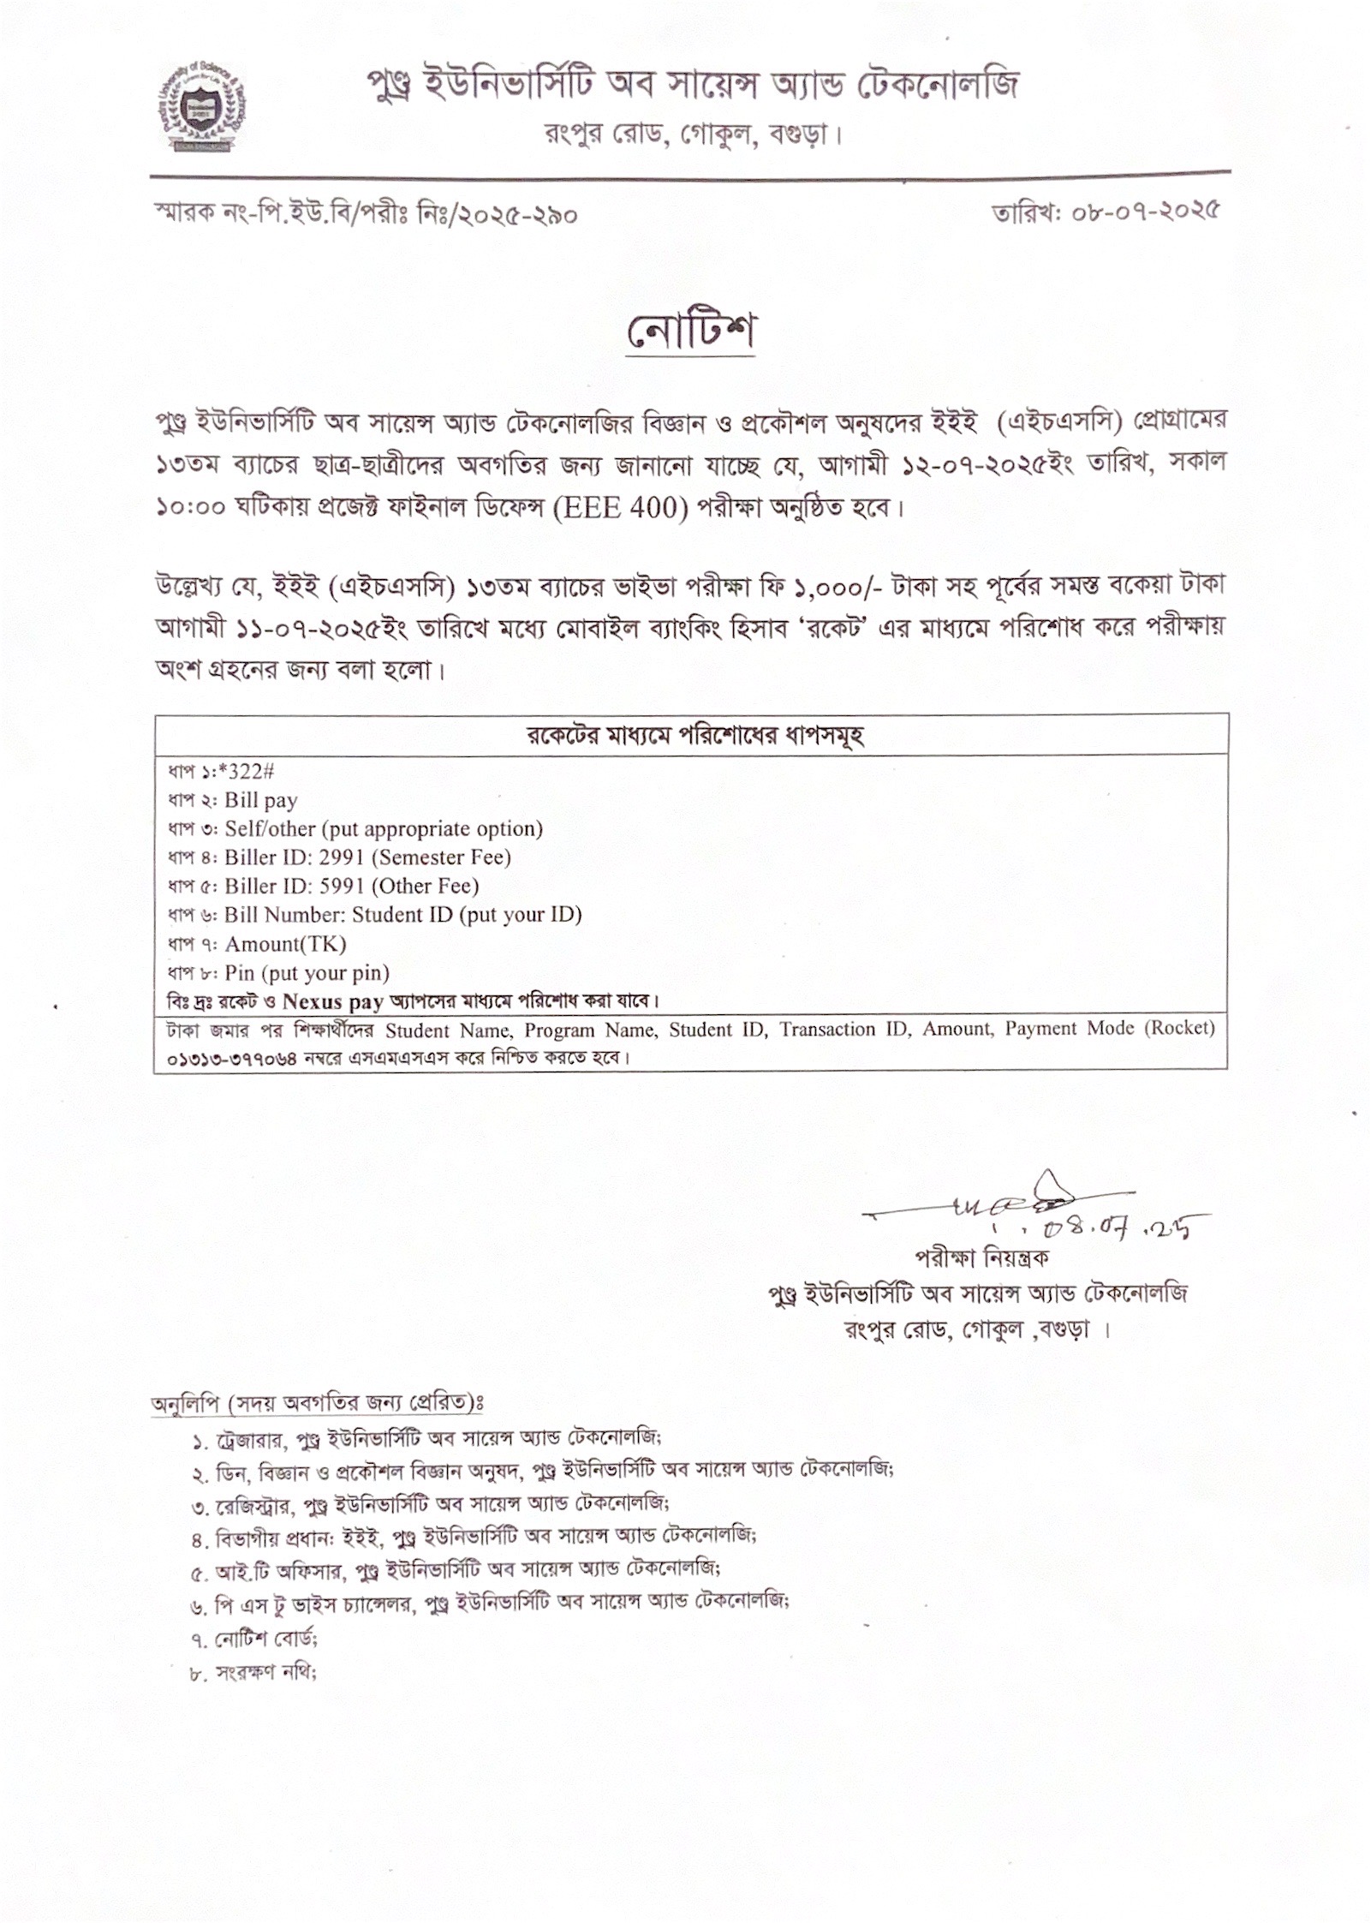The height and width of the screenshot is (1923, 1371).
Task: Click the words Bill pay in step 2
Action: point(260,801)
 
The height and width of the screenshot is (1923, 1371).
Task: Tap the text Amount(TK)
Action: point(285,944)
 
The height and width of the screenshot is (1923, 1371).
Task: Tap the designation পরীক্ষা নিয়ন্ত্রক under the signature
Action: point(981,1258)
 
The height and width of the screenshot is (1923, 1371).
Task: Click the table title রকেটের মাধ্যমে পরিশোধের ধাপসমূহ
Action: point(694,736)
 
